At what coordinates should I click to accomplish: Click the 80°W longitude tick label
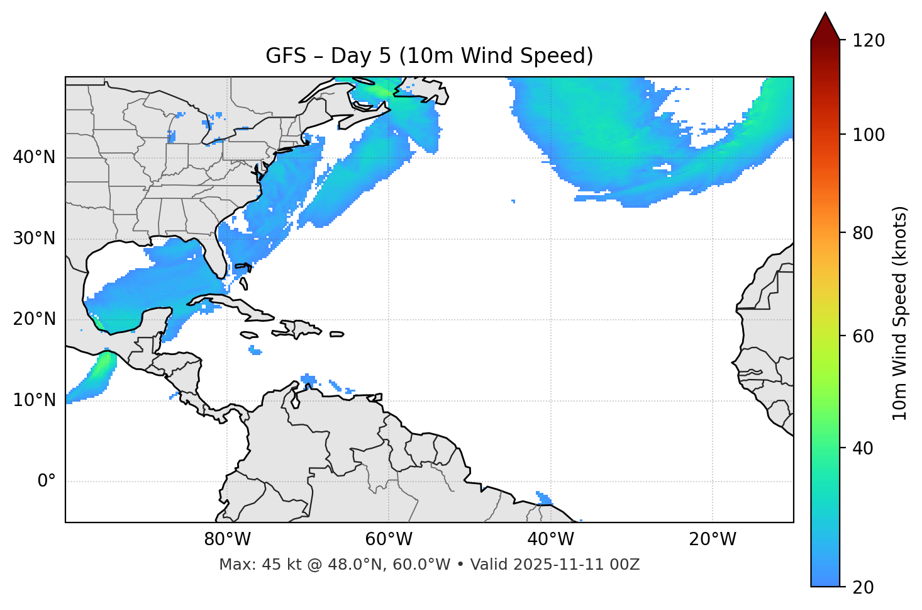click(227, 539)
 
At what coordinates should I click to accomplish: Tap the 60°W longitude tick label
click(389, 539)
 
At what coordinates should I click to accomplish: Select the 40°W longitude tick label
click(550, 539)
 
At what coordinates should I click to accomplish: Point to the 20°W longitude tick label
click(712, 539)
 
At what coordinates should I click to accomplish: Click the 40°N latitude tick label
click(34, 157)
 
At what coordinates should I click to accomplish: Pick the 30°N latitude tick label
click(34, 239)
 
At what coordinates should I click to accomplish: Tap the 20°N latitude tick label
click(34, 319)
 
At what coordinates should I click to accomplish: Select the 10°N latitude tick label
click(34, 400)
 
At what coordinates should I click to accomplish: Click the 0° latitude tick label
click(47, 482)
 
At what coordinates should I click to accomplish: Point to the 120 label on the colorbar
click(869, 41)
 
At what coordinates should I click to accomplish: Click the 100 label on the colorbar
click(869, 135)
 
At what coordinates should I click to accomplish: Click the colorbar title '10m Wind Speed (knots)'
click(900, 313)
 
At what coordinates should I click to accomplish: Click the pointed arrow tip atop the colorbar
click(825, 16)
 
